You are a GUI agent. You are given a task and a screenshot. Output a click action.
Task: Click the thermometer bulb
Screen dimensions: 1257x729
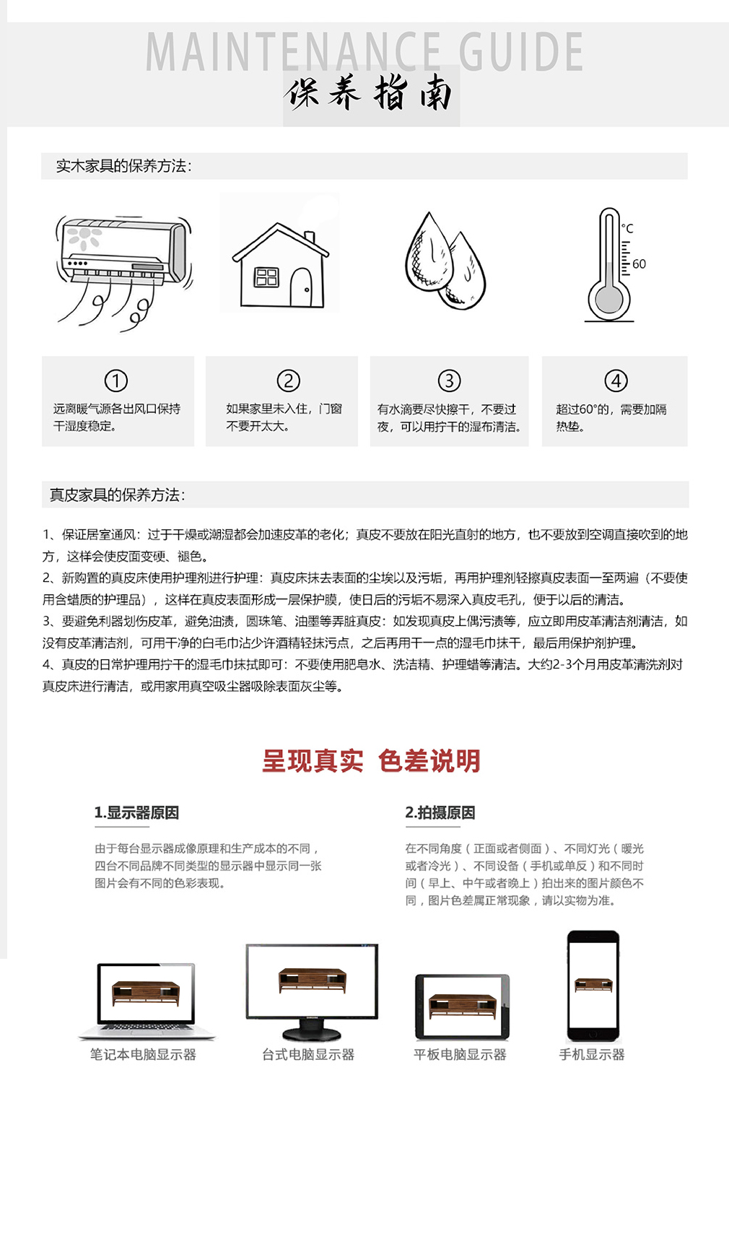(x=608, y=300)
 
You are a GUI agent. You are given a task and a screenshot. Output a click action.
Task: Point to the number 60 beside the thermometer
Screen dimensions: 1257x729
(x=639, y=264)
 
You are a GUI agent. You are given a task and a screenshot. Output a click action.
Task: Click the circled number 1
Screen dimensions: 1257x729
(x=116, y=380)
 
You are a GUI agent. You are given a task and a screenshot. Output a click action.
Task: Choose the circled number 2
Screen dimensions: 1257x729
(x=289, y=380)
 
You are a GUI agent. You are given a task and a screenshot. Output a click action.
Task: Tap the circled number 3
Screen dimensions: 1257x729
(x=449, y=380)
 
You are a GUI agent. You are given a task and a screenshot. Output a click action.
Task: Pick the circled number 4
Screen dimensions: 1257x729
(x=616, y=380)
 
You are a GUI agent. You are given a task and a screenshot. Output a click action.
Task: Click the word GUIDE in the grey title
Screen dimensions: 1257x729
(x=521, y=52)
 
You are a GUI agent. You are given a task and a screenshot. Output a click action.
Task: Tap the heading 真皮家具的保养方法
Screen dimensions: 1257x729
(x=118, y=495)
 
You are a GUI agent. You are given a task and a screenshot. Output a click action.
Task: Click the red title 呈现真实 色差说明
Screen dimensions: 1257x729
(x=371, y=761)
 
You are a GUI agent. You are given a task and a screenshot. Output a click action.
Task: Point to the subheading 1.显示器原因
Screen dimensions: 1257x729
(x=136, y=813)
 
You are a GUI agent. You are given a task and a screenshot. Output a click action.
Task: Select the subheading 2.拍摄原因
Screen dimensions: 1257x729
(x=440, y=813)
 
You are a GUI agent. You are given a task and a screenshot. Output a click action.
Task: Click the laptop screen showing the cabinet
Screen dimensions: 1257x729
(x=146, y=992)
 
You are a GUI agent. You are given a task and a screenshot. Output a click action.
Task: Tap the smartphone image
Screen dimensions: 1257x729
(x=593, y=986)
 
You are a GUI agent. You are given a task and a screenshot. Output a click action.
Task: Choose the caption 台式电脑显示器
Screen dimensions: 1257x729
(x=308, y=1055)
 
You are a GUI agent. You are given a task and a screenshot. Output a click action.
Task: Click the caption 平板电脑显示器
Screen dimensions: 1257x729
(x=460, y=1055)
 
